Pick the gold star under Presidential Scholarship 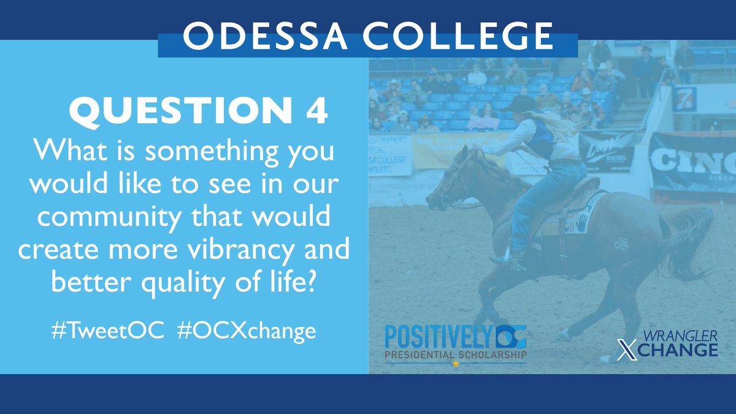click(x=455, y=364)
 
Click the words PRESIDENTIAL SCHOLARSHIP click(x=455, y=355)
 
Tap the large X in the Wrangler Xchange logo click(x=624, y=349)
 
